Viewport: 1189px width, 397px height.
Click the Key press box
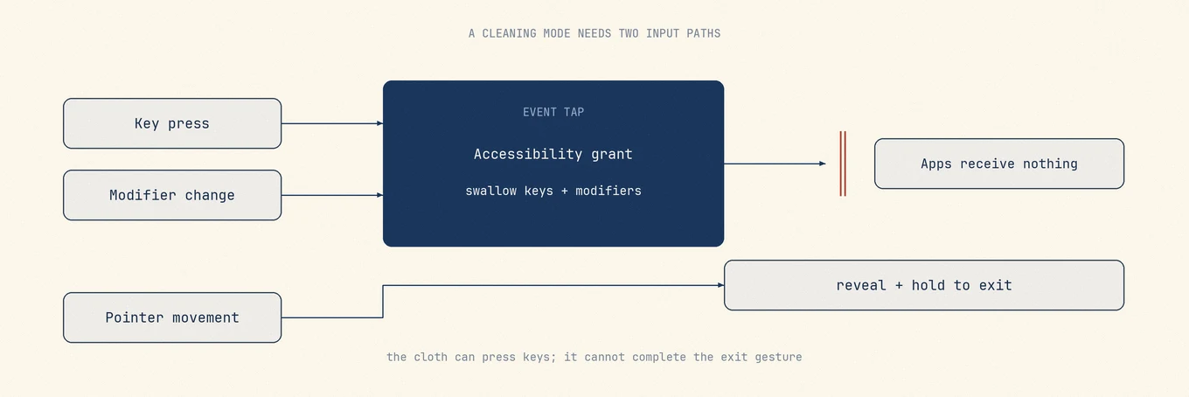click(x=172, y=123)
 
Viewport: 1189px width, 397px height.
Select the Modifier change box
click(x=172, y=195)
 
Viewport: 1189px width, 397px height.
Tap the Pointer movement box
click(x=172, y=317)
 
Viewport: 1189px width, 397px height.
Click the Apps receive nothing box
click(x=999, y=164)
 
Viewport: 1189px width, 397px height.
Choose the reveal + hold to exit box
click(x=924, y=285)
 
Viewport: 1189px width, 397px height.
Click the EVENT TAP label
click(x=553, y=112)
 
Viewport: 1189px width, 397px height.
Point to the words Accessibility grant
click(x=553, y=154)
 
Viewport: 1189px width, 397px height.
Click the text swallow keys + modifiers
click(x=553, y=191)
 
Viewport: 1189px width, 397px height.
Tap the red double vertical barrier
click(x=843, y=164)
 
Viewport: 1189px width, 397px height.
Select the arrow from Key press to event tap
click(x=332, y=123)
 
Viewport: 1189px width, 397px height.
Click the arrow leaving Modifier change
click(x=332, y=195)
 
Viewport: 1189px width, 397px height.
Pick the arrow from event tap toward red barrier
click(x=775, y=164)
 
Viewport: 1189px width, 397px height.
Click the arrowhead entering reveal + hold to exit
click(x=720, y=285)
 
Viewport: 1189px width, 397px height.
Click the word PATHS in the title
click(x=703, y=33)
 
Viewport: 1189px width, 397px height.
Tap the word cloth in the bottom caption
click(x=430, y=357)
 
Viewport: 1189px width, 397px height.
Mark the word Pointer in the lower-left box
click(x=135, y=317)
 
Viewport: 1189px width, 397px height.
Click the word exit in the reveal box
click(x=995, y=285)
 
